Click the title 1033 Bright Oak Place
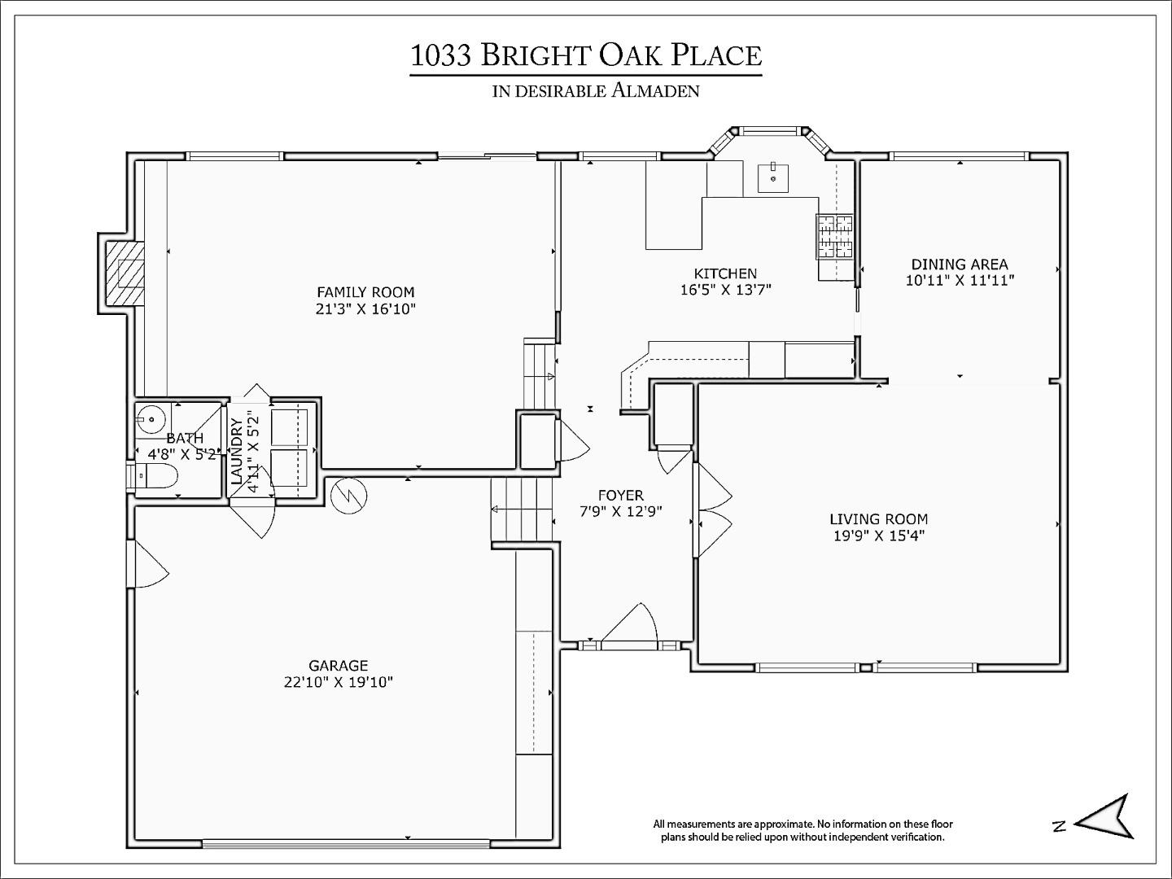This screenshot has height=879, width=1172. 585,55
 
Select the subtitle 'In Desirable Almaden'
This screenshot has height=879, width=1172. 596,90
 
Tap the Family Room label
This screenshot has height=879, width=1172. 365,292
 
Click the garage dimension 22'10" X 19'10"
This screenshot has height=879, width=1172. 338,682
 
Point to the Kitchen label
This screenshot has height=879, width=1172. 725,273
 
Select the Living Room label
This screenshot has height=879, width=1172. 878,518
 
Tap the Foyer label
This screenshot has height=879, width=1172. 620,495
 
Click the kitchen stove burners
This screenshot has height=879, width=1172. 835,236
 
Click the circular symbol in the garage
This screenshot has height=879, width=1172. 349,496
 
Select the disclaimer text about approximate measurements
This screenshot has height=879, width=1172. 802,830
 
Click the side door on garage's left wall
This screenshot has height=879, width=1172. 149,565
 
